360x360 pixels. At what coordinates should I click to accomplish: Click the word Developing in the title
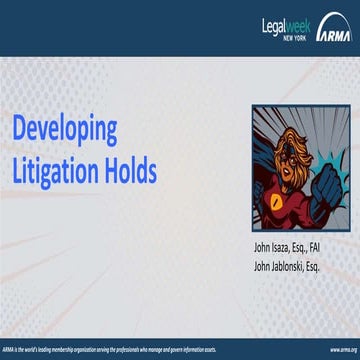pos(65,130)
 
